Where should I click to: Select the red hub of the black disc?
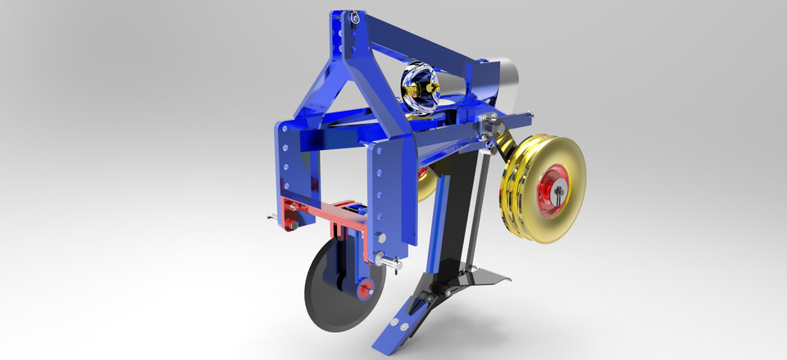point(364,289)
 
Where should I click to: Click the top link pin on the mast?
point(353,17)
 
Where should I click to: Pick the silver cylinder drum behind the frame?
point(504,81)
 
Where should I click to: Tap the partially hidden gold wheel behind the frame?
point(426,185)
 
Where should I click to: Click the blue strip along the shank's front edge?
point(440,221)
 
